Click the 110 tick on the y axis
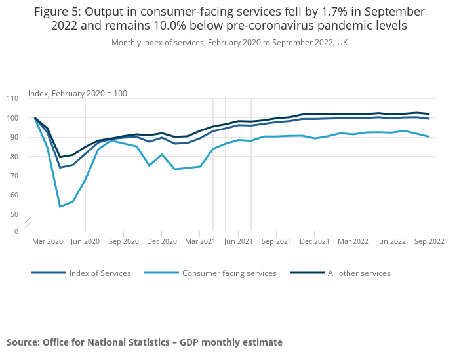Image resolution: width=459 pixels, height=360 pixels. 12,98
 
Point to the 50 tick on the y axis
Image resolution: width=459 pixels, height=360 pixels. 14,214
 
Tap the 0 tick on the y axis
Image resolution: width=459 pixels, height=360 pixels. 16,231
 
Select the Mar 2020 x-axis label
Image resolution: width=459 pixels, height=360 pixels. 47,242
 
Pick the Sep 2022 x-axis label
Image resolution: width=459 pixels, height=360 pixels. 429,242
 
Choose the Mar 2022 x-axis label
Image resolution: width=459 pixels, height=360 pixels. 353,242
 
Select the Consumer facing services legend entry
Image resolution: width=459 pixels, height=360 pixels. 229,273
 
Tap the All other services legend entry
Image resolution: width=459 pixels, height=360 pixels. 359,273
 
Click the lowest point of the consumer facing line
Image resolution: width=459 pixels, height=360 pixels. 60,207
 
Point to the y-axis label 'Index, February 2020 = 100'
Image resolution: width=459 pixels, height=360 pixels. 77,94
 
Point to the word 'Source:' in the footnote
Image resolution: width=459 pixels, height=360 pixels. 23,342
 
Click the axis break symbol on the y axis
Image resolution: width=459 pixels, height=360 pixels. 28,222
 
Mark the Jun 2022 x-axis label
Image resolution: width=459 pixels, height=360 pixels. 391,242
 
